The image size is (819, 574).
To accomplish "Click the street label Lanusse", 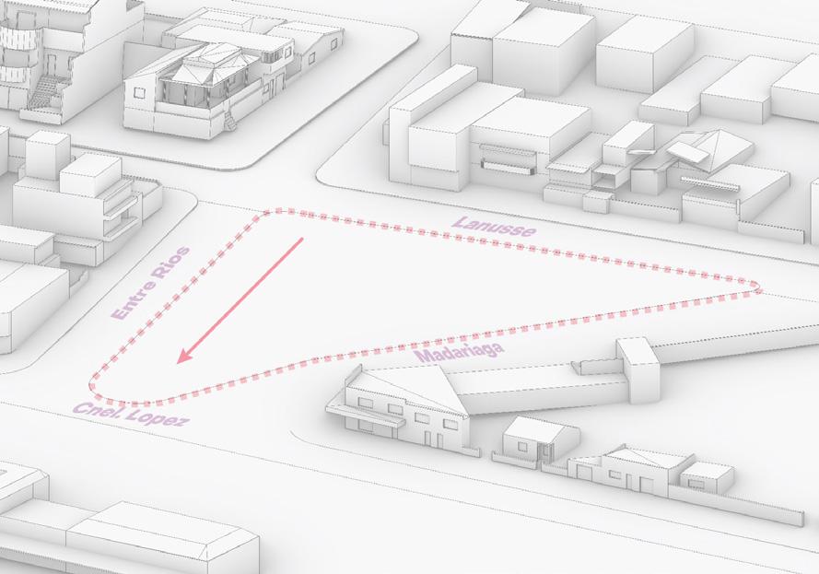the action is tap(494, 227).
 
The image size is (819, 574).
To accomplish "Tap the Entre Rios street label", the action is tap(151, 283).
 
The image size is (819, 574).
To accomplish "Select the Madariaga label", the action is tap(460, 352).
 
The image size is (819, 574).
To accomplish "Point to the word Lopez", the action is tap(157, 417).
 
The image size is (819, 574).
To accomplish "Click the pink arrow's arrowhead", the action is tap(184, 355).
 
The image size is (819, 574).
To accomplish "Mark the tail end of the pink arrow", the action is tap(302, 239).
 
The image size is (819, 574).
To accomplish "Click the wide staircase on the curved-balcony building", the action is tap(45, 94).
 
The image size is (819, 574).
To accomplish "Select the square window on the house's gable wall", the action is tap(138, 92).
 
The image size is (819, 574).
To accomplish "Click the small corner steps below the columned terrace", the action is tap(229, 123).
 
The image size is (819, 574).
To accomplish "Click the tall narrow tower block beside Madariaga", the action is tap(638, 369).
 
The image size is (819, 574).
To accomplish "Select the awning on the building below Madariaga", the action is tap(365, 415).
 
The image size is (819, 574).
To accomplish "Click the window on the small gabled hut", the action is tap(522, 448).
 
